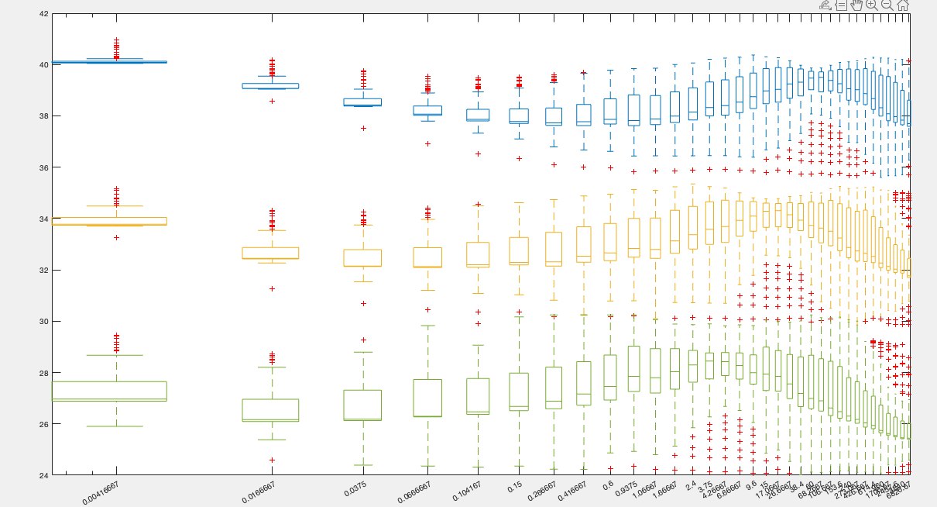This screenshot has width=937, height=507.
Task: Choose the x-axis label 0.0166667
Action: pos(260,491)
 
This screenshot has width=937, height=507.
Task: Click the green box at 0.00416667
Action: pos(116,391)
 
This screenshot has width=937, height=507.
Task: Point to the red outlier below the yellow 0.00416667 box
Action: pos(116,237)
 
